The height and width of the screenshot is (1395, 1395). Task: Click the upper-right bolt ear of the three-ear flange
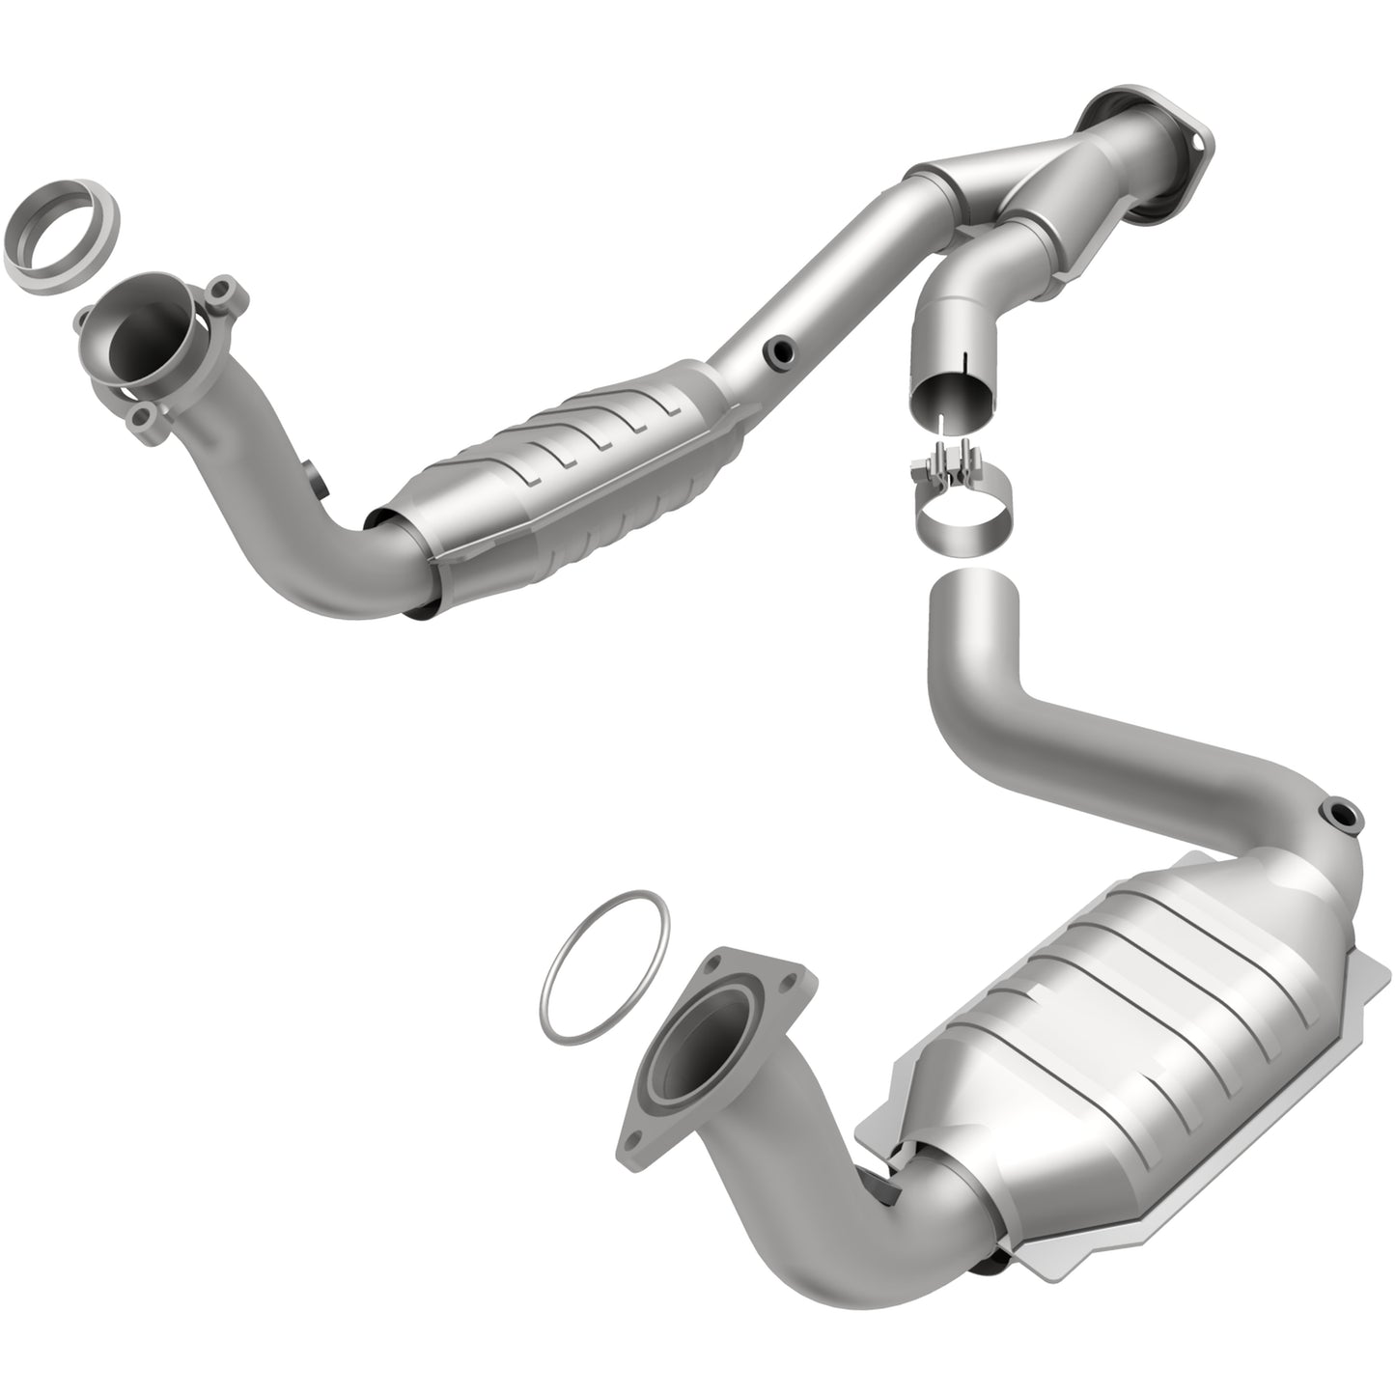coord(223,290)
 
